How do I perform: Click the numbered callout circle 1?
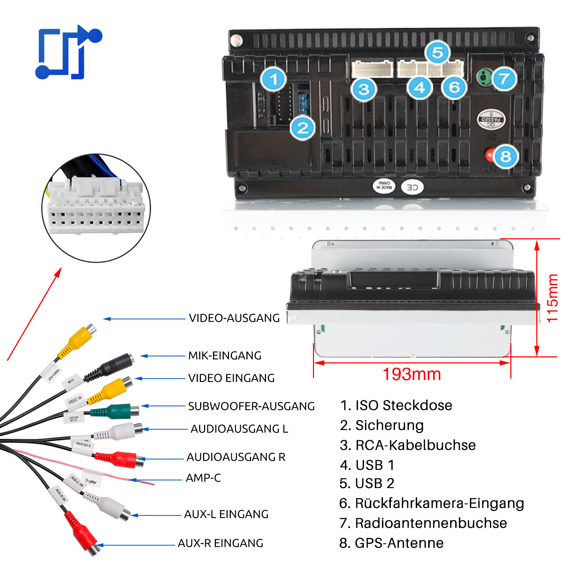coord(273,79)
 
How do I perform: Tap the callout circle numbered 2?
coord(303,128)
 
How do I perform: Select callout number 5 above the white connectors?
coord(437,53)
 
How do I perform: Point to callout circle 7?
coord(504,79)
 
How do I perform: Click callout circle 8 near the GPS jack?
coord(505,156)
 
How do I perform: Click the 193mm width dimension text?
coord(412,374)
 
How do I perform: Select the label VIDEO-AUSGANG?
coord(234,318)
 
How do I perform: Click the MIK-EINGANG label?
coord(225,356)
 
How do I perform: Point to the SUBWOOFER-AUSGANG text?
coord(251,406)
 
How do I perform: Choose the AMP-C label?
coord(203,478)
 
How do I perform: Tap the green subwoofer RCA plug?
coord(117,412)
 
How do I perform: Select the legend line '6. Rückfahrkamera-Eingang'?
coord(431,503)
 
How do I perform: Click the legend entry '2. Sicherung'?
coord(382,425)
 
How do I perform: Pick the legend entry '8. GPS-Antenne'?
coord(391,543)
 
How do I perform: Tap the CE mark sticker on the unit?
coord(412,187)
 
